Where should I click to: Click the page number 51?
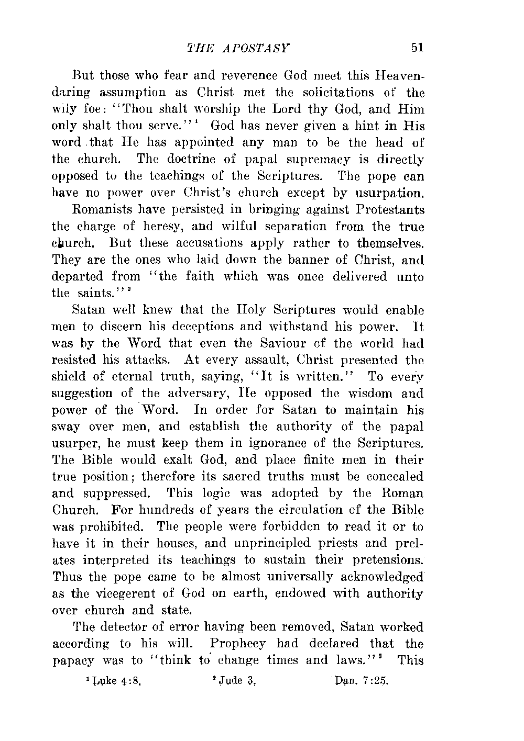tap(417, 47)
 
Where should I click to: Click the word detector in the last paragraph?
tap(132, 626)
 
